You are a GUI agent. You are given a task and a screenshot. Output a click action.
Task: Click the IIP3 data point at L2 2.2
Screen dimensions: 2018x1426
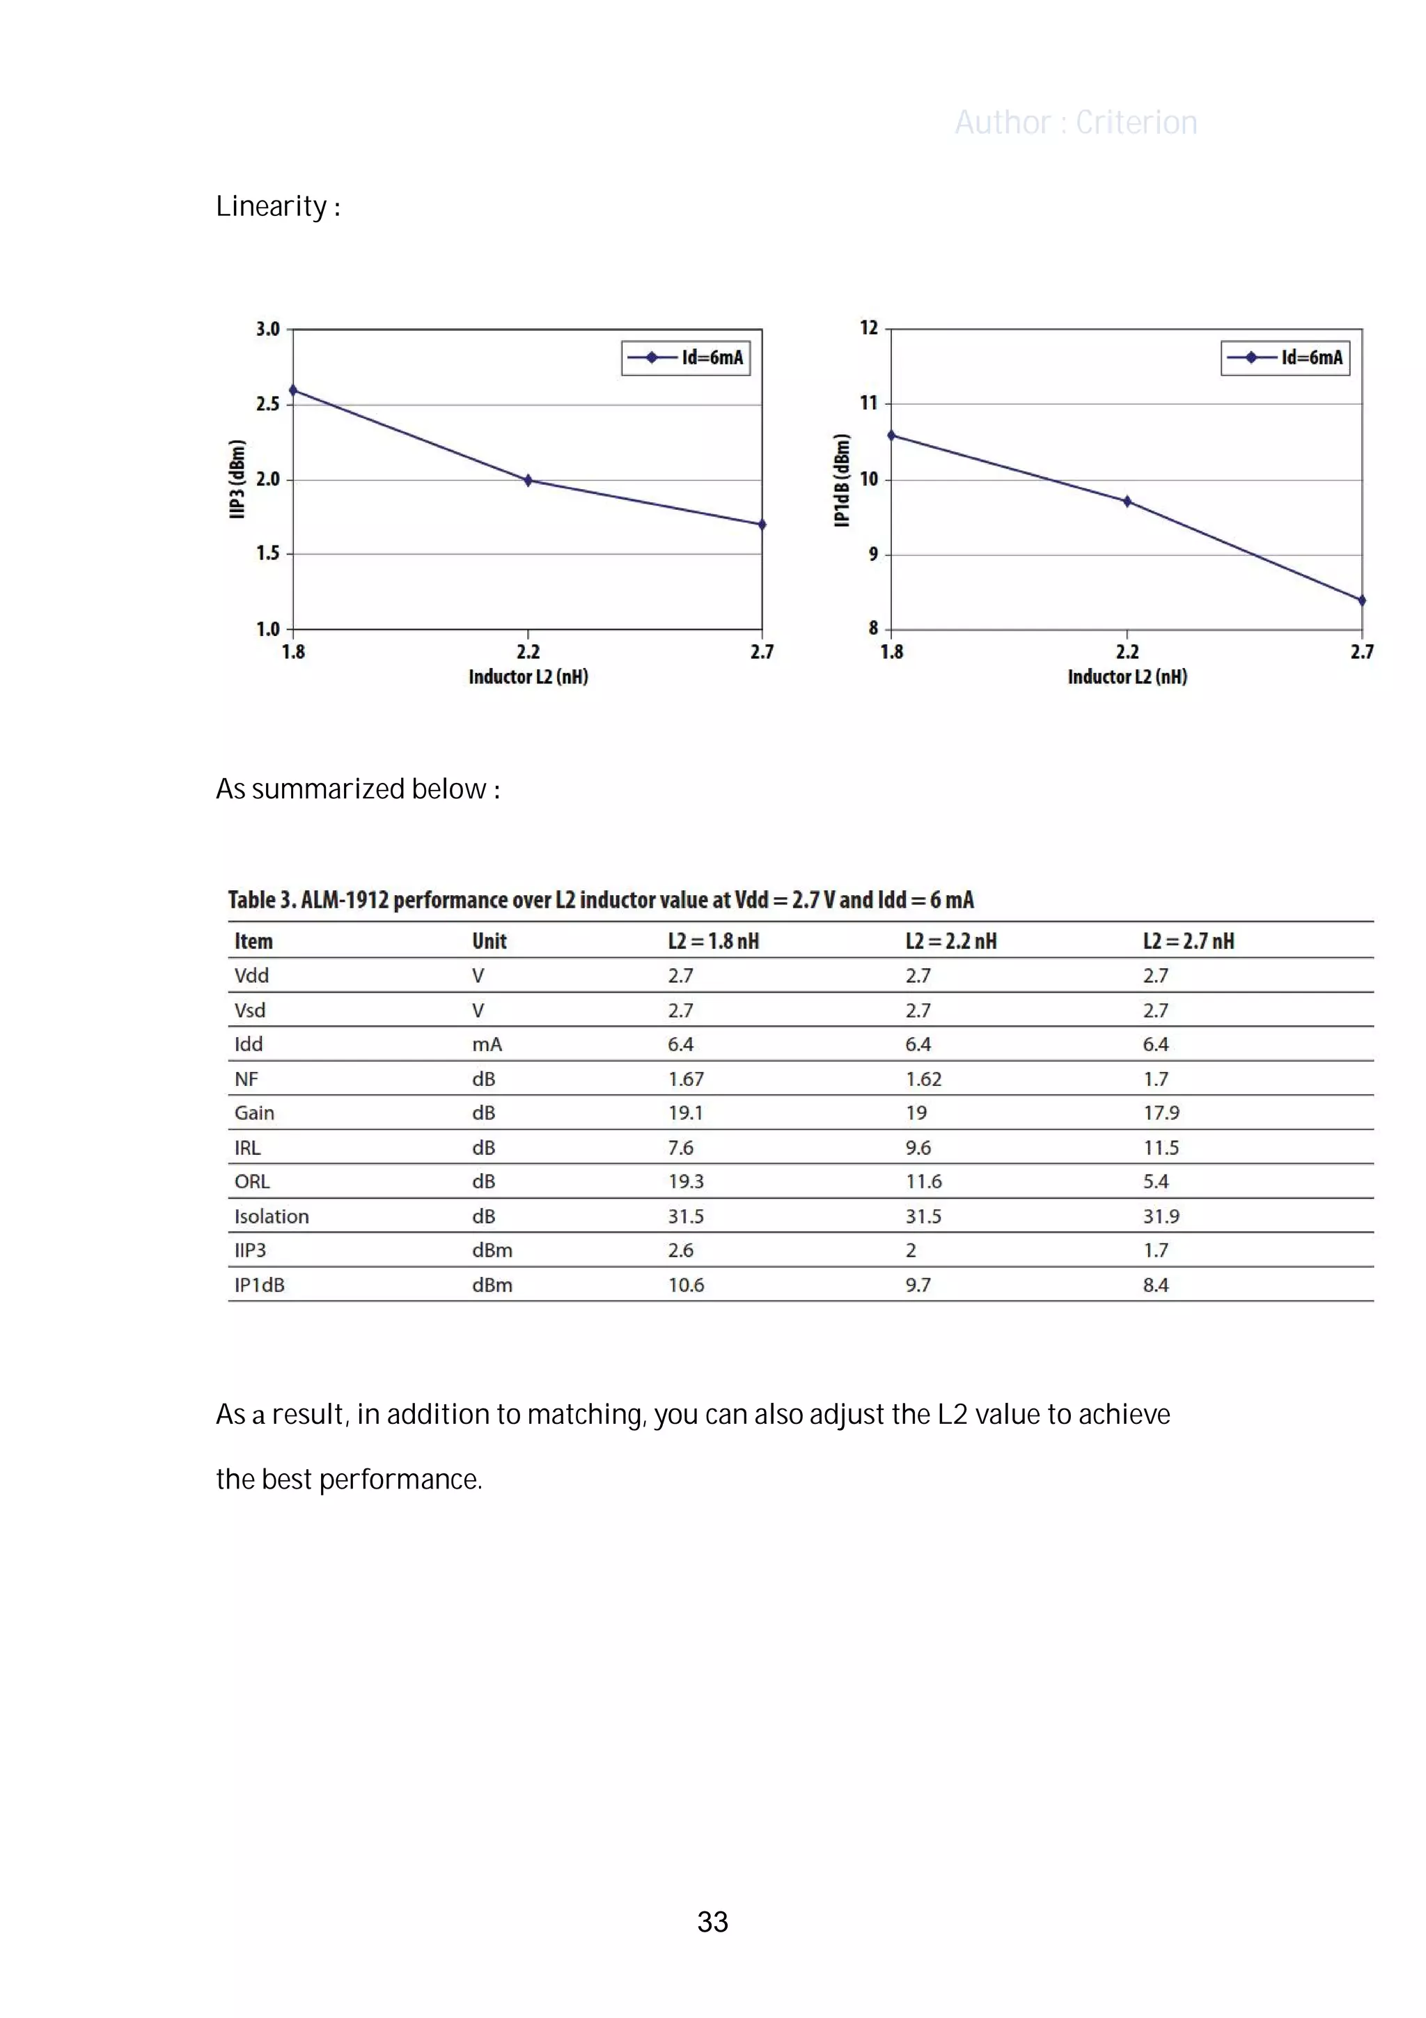coord(528,480)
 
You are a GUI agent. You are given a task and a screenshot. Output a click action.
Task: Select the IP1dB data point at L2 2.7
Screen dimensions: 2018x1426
coord(1361,600)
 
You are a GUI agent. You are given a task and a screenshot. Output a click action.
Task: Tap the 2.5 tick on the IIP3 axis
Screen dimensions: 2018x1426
coord(268,404)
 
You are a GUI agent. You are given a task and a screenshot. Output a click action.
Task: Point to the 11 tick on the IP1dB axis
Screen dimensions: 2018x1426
coord(869,403)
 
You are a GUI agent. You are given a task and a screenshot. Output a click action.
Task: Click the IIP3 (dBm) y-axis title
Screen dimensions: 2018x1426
coord(236,479)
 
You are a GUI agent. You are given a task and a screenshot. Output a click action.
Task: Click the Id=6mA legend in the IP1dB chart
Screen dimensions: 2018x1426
coord(1285,358)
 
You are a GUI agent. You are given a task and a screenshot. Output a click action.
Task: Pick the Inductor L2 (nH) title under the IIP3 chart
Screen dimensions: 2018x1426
coord(528,677)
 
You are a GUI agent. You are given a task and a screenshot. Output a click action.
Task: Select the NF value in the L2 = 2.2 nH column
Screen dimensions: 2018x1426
coord(923,1079)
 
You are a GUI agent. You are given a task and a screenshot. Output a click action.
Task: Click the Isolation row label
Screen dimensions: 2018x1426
coord(272,1216)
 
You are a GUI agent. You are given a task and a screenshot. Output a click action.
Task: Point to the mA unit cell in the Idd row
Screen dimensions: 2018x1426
coord(487,1045)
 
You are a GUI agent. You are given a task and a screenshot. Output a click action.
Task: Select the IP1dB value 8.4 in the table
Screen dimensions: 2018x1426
coord(1155,1285)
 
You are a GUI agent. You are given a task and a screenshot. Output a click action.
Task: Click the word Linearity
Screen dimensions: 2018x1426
coord(272,207)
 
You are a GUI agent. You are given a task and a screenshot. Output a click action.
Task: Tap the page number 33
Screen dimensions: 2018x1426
coord(712,1921)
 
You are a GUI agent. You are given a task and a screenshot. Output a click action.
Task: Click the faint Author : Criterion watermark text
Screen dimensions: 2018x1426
coord(1076,122)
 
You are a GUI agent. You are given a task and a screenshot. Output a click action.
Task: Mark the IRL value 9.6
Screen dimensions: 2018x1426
coord(918,1148)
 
